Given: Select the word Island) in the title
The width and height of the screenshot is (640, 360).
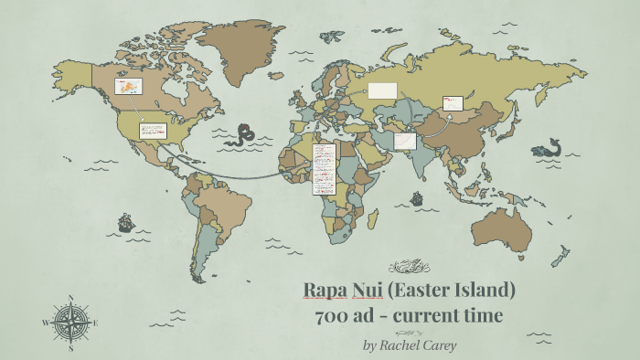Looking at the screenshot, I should [485, 291].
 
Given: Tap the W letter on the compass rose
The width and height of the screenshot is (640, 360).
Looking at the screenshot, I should [46, 323].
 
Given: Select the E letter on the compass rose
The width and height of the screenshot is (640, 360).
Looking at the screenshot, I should [96, 323].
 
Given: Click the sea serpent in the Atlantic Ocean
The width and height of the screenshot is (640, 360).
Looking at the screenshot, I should [243, 135].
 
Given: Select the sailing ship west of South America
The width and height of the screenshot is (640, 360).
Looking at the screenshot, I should [125, 222].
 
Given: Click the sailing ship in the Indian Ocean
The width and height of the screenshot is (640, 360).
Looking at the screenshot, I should [417, 197].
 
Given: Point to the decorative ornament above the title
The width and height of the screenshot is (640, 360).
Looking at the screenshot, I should [409, 267].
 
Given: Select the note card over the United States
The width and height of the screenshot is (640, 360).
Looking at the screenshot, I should [152, 131].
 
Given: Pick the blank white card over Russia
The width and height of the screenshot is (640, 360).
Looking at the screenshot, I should [382, 90].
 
